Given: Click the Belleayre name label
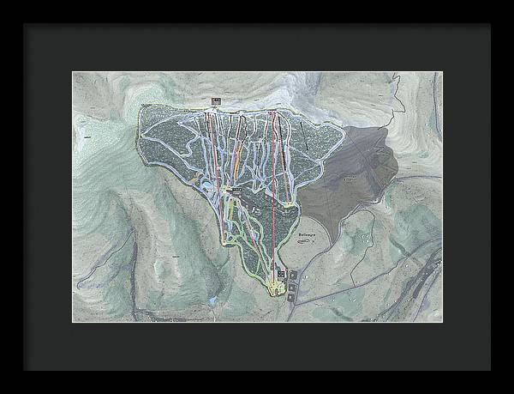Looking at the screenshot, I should [x=306, y=233].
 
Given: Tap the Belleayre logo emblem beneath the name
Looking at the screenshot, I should [x=306, y=242].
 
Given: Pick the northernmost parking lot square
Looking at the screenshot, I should [x=295, y=274].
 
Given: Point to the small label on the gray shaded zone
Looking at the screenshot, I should [x=349, y=181].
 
